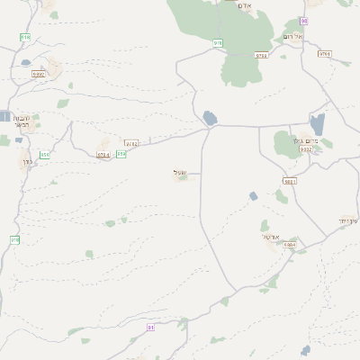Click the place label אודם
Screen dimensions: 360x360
click(243, 4)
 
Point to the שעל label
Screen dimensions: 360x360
click(179, 172)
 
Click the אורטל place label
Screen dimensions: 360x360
click(271, 237)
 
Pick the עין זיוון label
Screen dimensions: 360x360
click(349, 220)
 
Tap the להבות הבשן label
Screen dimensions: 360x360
click(22, 122)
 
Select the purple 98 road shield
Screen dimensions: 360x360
click(304, 20)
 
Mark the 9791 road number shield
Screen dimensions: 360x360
click(324, 54)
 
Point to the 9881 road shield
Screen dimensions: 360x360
click(289, 182)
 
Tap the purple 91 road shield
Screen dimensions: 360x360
click(150, 328)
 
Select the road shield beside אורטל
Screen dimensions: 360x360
click(289, 244)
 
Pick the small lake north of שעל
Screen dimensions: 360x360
click(210, 118)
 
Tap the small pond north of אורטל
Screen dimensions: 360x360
click(254, 195)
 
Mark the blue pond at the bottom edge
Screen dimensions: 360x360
click(306, 350)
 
